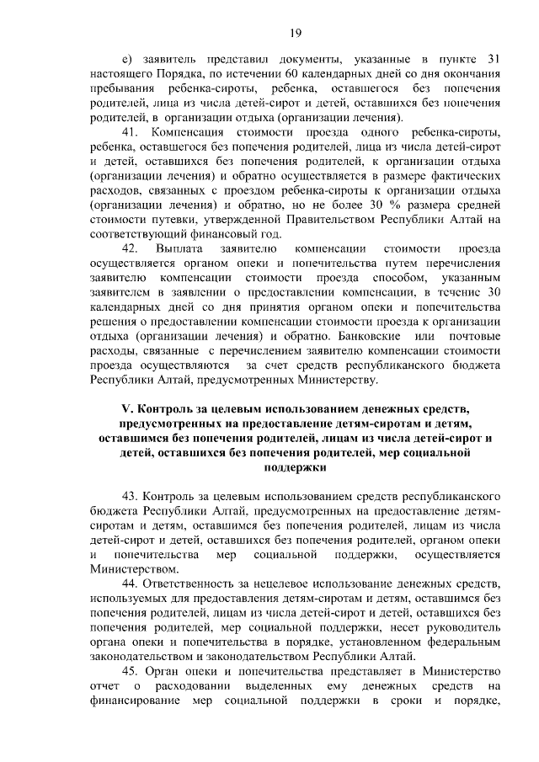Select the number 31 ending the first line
tap(494, 59)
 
